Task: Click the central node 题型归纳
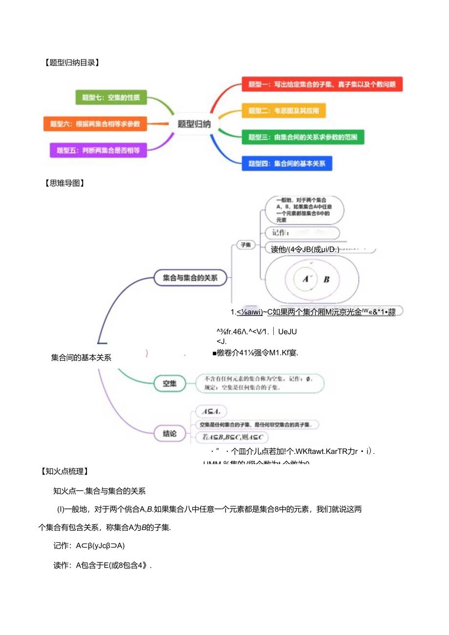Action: coord(194,124)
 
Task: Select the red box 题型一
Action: coord(322,84)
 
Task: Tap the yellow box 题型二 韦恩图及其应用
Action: coord(284,111)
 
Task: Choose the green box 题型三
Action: coord(303,137)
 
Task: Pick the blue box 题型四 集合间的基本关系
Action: coord(287,164)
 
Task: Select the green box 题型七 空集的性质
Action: coord(111,97)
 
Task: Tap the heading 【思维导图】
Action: coord(64,184)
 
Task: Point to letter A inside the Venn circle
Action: coord(306,279)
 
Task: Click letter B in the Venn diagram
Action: coord(327,280)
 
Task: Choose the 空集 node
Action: coord(170,384)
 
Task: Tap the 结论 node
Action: coord(170,432)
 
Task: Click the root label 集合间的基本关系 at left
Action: coord(81,357)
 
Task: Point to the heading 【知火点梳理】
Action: coord(65,471)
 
